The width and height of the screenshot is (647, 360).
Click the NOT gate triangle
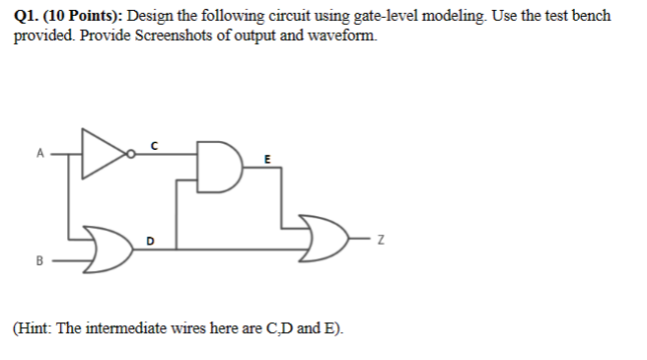[x=104, y=154]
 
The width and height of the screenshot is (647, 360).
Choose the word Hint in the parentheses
[x=36, y=327]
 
